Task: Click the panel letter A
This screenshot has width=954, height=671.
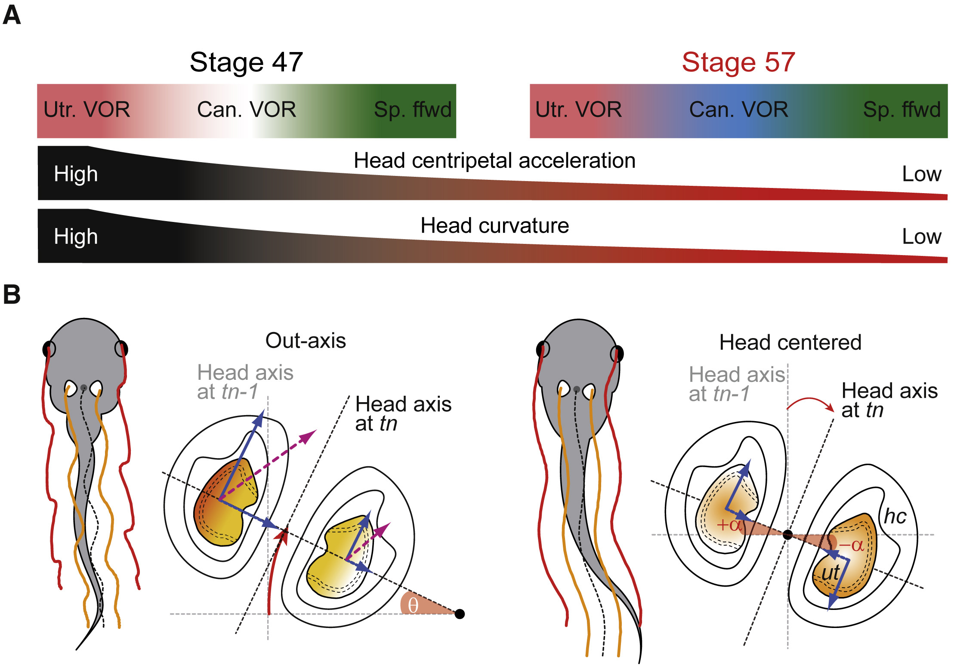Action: pyautogui.click(x=12, y=15)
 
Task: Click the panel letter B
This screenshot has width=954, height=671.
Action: pyautogui.click(x=12, y=295)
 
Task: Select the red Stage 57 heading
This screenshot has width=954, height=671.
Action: pyautogui.click(x=738, y=62)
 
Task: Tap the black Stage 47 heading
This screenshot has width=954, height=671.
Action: pyautogui.click(x=246, y=62)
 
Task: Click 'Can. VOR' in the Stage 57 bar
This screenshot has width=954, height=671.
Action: pyautogui.click(x=738, y=110)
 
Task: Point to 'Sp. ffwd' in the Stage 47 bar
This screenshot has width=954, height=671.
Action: pyautogui.click(x=412, y=110)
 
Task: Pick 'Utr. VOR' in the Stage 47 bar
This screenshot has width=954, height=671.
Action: pyautogui.click(x=86, y=110)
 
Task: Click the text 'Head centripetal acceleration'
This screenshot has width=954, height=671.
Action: pyautogui.click(x=494, y=161)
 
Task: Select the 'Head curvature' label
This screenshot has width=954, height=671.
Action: pyautogui.click(x=494, y=226)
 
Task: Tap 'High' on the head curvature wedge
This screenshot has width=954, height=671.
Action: pyautogui.click(x=76, y=237)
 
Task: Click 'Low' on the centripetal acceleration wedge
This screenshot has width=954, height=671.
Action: pyautogui.click(x=921, y=174)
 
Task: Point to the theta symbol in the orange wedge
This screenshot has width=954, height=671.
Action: pyautogui.click(x=413, y=606)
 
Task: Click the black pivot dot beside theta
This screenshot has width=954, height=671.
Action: pyautogui.click(x=460, y=614)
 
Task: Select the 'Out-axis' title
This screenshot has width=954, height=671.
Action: pyautogui.click(x=306, y=341)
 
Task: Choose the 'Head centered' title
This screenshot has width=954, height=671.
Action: pyautogui.click(x=790, y=343)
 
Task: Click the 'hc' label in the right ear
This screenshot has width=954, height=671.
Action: pyautogui.click(x=895, y=516)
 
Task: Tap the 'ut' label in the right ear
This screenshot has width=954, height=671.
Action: pyautogui.click(x=830, y=573)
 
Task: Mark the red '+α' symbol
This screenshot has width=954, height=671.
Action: pyautogui.click(x=729, y=525)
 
